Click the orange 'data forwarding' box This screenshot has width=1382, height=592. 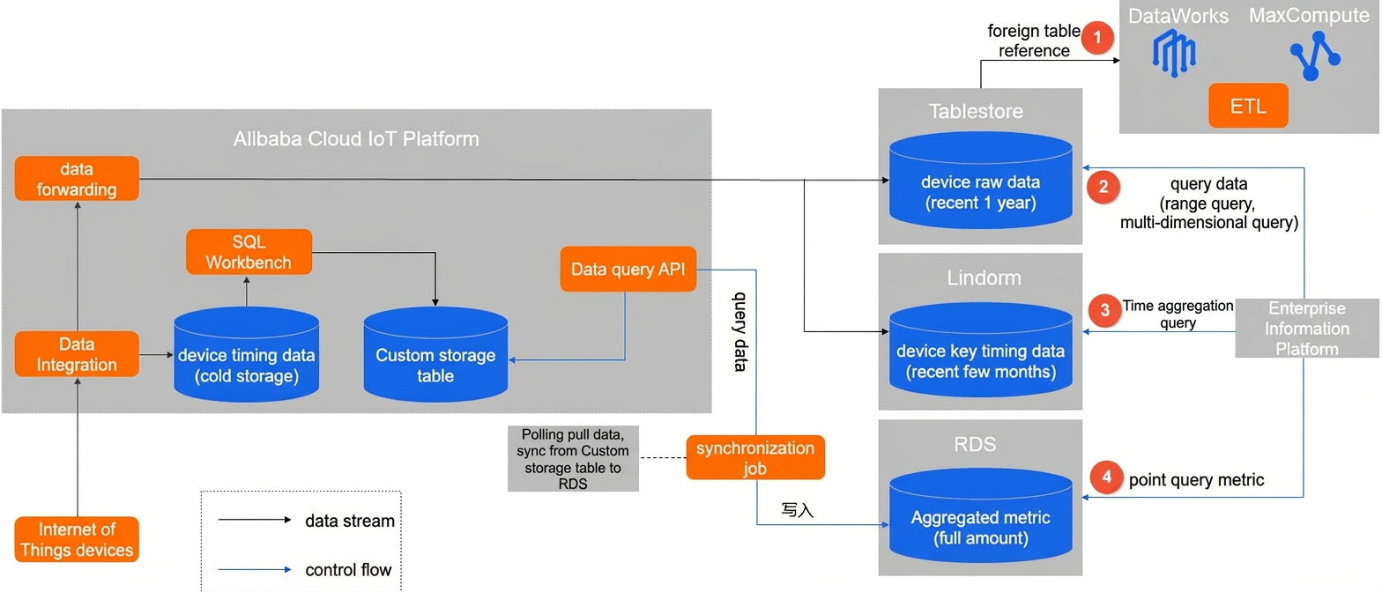point(77,178)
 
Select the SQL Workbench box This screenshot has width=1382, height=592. point(249,252)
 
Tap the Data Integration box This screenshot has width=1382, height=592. point(77,354)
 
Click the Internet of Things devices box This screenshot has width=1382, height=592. point(77,539)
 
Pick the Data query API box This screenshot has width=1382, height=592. point(628,269)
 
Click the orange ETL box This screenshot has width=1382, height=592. point(1248,106)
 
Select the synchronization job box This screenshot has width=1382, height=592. point(755,457)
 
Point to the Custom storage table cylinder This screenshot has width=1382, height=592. point(435,354)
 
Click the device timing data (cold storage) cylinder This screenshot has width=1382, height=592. point(246,354)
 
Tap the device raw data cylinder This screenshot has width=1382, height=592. point(980,181)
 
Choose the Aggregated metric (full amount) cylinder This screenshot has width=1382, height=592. point(980,515)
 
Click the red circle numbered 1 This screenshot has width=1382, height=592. point(1097,38)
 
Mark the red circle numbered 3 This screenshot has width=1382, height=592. point(1104,310)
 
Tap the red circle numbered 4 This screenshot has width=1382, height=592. point(1106,477)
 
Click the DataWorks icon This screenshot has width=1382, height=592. point(1173,55)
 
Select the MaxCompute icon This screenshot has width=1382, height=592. point(1315,56)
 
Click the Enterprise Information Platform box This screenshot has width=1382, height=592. point(1307,328)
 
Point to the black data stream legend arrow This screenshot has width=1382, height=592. point(254,520)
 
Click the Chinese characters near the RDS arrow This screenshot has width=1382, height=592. point(797,510)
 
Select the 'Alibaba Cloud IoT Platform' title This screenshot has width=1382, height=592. point(356,139)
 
